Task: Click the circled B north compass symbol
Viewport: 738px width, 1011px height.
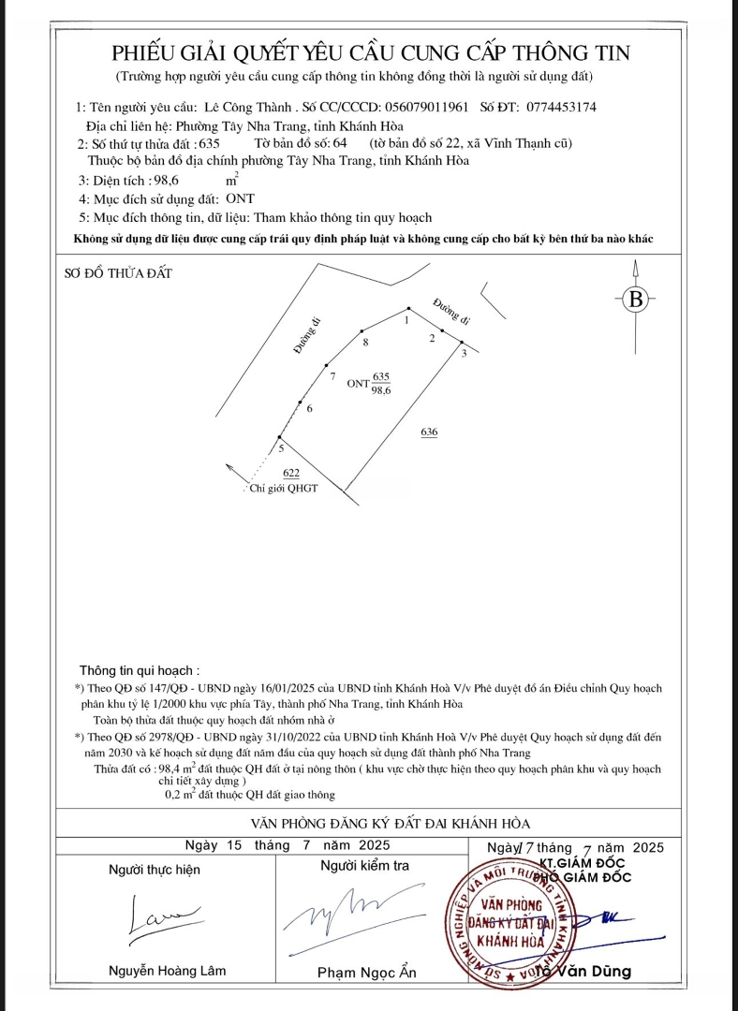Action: [x=636, y=300]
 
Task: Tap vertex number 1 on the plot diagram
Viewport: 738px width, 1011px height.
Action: [x=406, y=320]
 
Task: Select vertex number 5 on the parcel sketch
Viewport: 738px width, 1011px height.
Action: [x=281, y=447]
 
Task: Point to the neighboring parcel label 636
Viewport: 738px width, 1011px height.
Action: [x=429, y=432]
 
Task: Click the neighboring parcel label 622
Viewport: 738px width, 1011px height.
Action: [x=291, y=474]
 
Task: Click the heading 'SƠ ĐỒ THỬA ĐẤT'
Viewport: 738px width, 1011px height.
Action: [x=119, y=273]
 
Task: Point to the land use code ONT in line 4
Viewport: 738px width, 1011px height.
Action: [x=240, y=199]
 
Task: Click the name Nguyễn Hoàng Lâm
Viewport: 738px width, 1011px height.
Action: [x=168, y=971]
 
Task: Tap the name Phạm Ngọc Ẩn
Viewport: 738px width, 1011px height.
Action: [x=367, y=973]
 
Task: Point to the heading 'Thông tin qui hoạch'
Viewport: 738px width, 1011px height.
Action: [x=140, y=670]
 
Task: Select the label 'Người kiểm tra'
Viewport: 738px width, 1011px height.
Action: [x=364, y=866]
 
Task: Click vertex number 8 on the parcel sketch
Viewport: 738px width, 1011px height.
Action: [x=366, y=343]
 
